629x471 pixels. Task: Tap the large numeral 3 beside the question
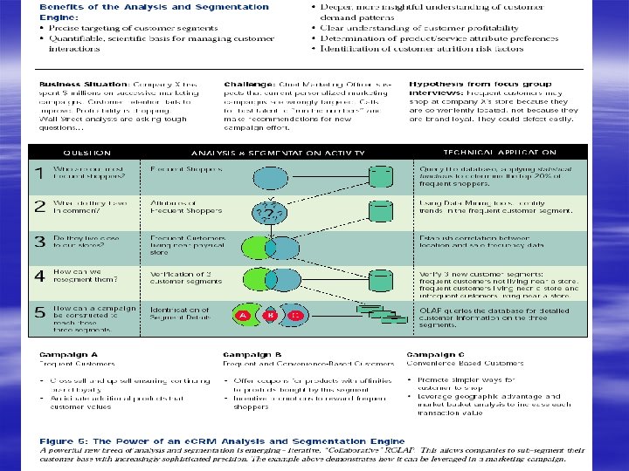(x=38, y=242)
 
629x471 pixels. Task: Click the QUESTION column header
(x=86, y=151)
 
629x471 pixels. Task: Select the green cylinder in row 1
(x=380, y=177)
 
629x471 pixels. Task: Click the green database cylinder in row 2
(x=380, y=211)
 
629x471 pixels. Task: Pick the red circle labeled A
(x=244, y=315)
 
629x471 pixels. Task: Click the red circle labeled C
(x=297, y=315)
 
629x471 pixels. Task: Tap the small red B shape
(x=271, y=315)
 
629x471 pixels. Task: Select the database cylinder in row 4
(x=380, y=281)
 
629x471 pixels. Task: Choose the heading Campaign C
(x=436, y=355)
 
